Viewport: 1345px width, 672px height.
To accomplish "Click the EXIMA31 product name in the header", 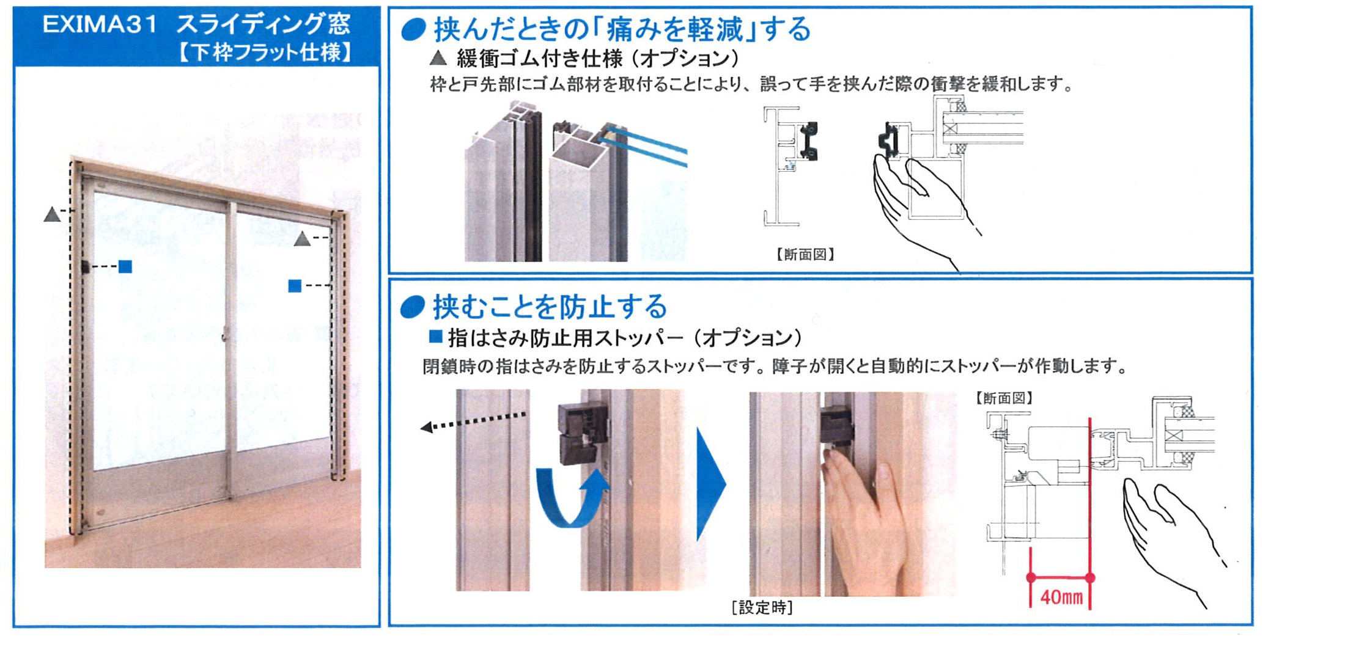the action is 100,24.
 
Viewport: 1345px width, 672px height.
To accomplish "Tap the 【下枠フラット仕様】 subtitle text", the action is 265,52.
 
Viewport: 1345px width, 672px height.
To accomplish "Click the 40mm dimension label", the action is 1061,597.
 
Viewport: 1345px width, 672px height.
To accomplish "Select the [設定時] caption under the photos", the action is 762,607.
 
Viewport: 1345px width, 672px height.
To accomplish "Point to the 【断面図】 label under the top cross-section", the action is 805,254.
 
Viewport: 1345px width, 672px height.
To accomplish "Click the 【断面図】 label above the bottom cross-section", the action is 1004,398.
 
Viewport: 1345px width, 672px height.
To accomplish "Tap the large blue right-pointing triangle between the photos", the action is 711,484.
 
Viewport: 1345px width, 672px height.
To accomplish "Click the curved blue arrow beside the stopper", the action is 572,496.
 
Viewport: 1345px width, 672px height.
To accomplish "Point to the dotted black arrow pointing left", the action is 473,422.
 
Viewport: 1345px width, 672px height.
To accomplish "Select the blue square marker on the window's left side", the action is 125,266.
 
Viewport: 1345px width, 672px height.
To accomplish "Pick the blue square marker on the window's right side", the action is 295,285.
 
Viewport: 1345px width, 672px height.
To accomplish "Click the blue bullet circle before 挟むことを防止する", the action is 413,307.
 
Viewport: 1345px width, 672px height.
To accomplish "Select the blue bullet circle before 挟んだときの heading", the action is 413,29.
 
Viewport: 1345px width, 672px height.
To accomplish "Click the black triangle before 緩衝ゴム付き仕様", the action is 438,58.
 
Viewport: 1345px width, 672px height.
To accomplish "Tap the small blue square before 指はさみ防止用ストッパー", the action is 435,336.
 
